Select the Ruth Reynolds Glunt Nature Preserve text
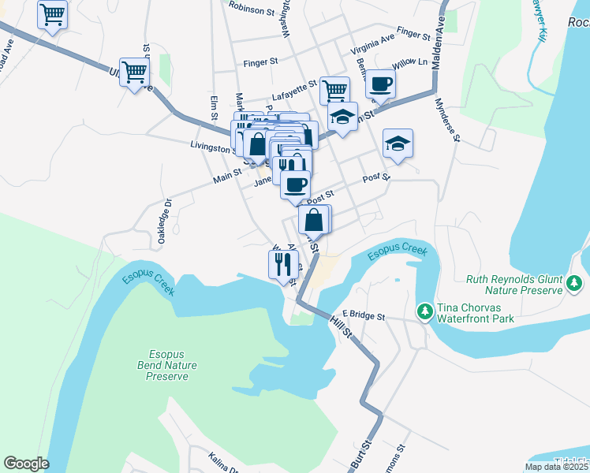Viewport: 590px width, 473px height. (513, 285)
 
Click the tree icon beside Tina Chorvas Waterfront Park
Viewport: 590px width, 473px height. (425, 312)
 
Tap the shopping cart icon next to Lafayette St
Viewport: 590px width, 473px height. (334, 90)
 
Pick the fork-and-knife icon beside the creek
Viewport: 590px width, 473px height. (283, 264)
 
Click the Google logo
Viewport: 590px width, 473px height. (26, 464)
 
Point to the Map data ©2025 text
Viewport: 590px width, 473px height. (556, 467)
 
